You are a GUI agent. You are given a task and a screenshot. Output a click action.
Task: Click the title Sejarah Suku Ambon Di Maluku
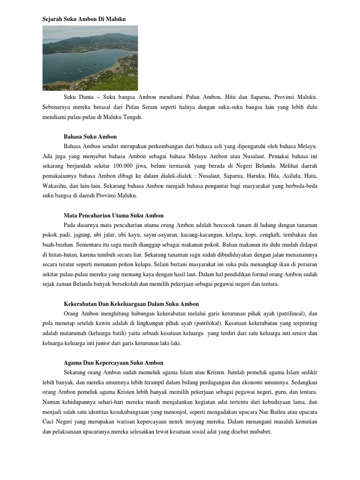pyautogui.click(x=84, y=18)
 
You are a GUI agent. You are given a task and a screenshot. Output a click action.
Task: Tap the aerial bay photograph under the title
pyautogui.click(x=90, y=58)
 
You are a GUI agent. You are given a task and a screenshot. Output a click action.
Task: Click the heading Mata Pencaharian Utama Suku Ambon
pyautogui.click(x=113, y=215)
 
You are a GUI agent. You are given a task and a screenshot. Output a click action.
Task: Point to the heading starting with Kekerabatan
pyautogui.click(x=131, y=304)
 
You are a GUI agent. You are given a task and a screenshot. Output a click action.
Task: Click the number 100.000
pyautogui.click(x=136, y=166)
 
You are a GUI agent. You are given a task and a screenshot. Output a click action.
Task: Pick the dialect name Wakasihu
pyautogui.click(x=53, y=186)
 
